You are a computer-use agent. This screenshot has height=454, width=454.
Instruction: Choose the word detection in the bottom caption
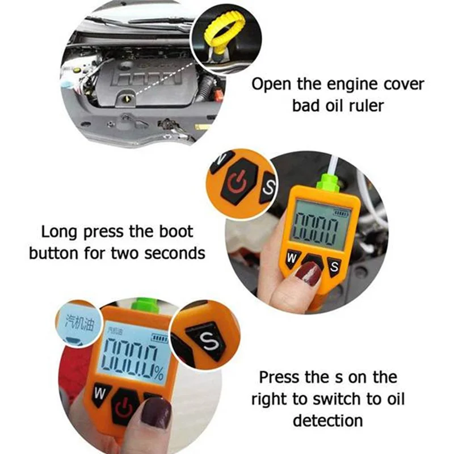click(x=328, y=420)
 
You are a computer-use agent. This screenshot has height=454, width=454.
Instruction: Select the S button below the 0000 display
click(x=334, y=265)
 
